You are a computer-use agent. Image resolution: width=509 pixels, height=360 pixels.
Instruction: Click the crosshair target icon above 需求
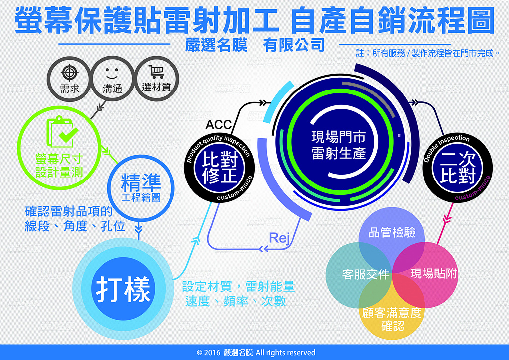pos(70,73)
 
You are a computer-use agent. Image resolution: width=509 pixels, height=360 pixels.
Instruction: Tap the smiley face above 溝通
pos(112,74)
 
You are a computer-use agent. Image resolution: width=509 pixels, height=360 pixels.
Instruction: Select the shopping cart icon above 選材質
pos(156,72)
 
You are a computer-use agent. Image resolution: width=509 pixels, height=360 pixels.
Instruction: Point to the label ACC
pos(219,124)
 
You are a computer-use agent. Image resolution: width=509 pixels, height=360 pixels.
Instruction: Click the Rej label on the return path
pos(279,238)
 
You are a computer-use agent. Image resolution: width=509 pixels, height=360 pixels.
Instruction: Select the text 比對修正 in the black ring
pos(220,168)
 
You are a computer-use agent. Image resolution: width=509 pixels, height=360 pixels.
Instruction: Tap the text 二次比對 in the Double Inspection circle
pos(458,168)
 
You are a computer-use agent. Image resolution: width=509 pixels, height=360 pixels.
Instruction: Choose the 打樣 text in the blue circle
pos(123,289)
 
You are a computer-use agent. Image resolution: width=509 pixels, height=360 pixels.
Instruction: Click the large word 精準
pos(141,182)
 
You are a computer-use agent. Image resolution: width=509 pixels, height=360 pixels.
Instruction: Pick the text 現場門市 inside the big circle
pos(339,137)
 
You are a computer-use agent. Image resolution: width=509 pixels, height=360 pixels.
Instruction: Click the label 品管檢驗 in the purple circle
pos(392,232)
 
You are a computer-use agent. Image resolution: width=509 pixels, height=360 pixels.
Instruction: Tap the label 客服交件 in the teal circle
pos(366,274)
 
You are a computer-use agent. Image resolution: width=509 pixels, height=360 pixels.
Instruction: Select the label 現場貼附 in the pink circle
pos(433,273)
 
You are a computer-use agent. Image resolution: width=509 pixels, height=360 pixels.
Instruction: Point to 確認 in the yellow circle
pos(393,326)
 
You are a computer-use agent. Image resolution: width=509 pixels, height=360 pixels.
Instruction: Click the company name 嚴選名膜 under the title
pos(216,45)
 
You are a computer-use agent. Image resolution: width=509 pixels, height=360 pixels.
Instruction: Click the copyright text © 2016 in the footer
pos(208,353)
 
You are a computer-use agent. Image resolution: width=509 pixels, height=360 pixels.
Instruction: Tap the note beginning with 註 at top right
pos(428,53)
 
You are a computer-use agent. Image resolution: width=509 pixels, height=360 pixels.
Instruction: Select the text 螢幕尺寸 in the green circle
pos(59,159)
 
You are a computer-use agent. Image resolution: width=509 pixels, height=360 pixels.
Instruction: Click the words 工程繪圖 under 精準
pos(141,197)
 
